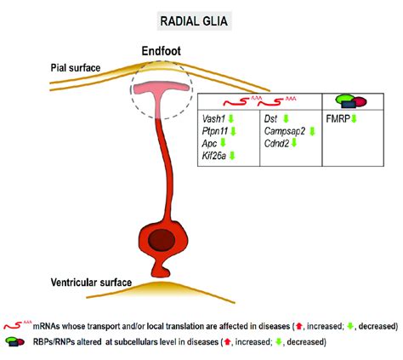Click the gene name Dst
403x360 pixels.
coord(273,118)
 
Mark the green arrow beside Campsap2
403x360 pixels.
coord(312,131)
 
